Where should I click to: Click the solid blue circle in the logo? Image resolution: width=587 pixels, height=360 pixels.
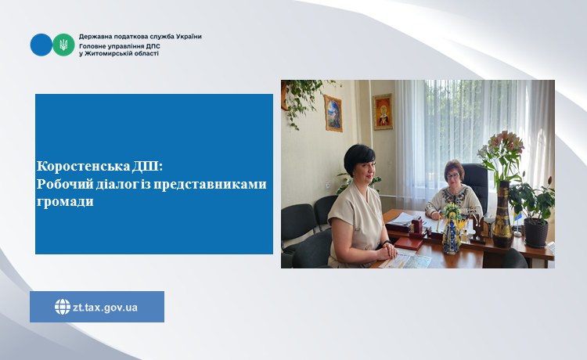tap(41, 45)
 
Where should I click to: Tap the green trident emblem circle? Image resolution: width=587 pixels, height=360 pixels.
tap(63, 45)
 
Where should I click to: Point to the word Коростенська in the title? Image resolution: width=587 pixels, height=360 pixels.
tap(84, 166)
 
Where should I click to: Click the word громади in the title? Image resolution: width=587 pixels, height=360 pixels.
tap(65, 202)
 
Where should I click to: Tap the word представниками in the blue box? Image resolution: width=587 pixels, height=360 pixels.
tap(210, 184)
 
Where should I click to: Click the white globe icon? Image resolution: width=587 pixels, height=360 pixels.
tap(63, 307)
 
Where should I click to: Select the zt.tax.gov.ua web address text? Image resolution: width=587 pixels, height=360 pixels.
tap(105, 308)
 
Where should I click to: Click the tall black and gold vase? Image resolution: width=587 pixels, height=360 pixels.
tap(502, 214)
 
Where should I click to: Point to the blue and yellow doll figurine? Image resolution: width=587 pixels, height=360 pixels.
tap(452, 229)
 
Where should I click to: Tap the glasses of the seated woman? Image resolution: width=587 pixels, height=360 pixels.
tap(452, 176)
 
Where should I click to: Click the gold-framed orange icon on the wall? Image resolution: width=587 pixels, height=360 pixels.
tap(383, 111)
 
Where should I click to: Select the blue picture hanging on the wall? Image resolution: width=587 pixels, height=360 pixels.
tap(333, 113)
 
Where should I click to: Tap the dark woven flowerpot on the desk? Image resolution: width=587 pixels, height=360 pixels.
tap(535, 232)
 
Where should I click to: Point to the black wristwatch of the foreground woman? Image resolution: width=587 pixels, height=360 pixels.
tap(387, 243)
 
